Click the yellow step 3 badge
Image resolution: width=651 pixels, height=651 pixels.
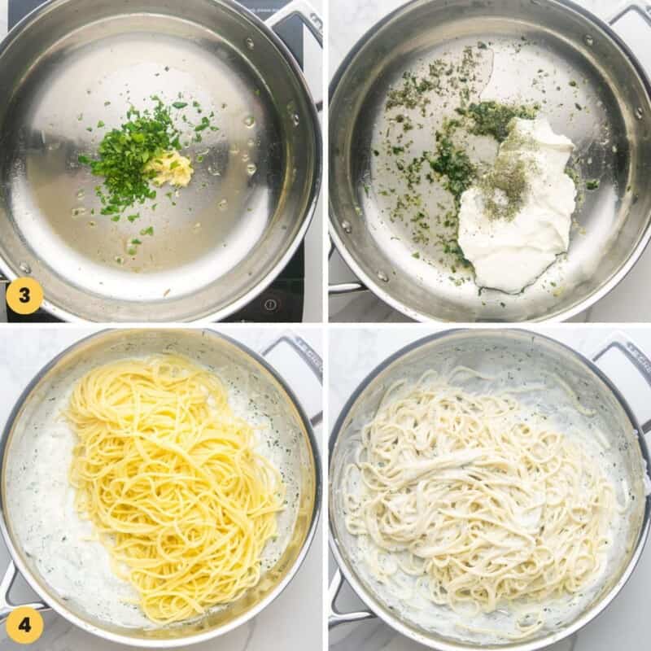24,295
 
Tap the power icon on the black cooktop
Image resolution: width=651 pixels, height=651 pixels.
270,304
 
